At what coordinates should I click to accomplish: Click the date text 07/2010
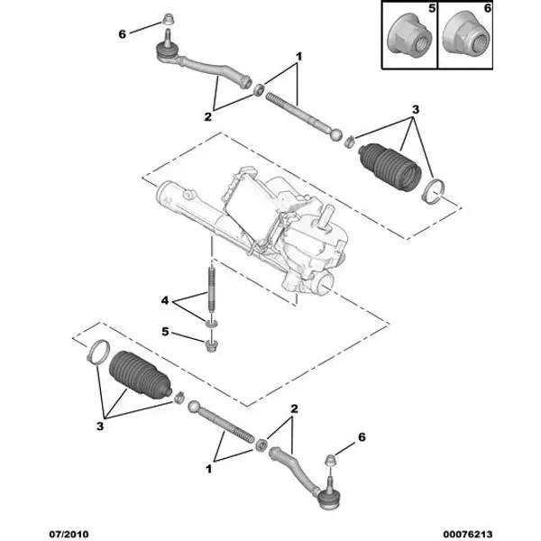click(69, 535)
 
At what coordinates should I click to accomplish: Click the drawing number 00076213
click(467, 535)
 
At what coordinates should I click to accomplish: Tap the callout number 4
click(165, 300)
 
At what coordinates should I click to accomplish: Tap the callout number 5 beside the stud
click(165, 332)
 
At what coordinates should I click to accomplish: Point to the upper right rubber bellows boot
click(390, 166)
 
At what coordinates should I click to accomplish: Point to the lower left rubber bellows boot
click(140, 375)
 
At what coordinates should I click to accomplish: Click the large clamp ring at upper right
click(434, 192)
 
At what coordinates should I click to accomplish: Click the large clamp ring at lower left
click(98, 352)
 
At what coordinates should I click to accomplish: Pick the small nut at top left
click(168, 19)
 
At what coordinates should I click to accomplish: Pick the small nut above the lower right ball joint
click(331, 460)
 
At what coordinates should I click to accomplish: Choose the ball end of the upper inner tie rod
click(336, 134)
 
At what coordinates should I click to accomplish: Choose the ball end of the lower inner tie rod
click(194, 406)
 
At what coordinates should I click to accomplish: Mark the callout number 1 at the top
click(298, 56)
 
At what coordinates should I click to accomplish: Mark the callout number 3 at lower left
click(100, 426)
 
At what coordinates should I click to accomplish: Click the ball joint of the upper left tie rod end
click(165, 50)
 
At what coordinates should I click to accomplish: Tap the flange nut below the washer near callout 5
click(210, 346)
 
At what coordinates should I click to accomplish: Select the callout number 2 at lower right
click(294, 408)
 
